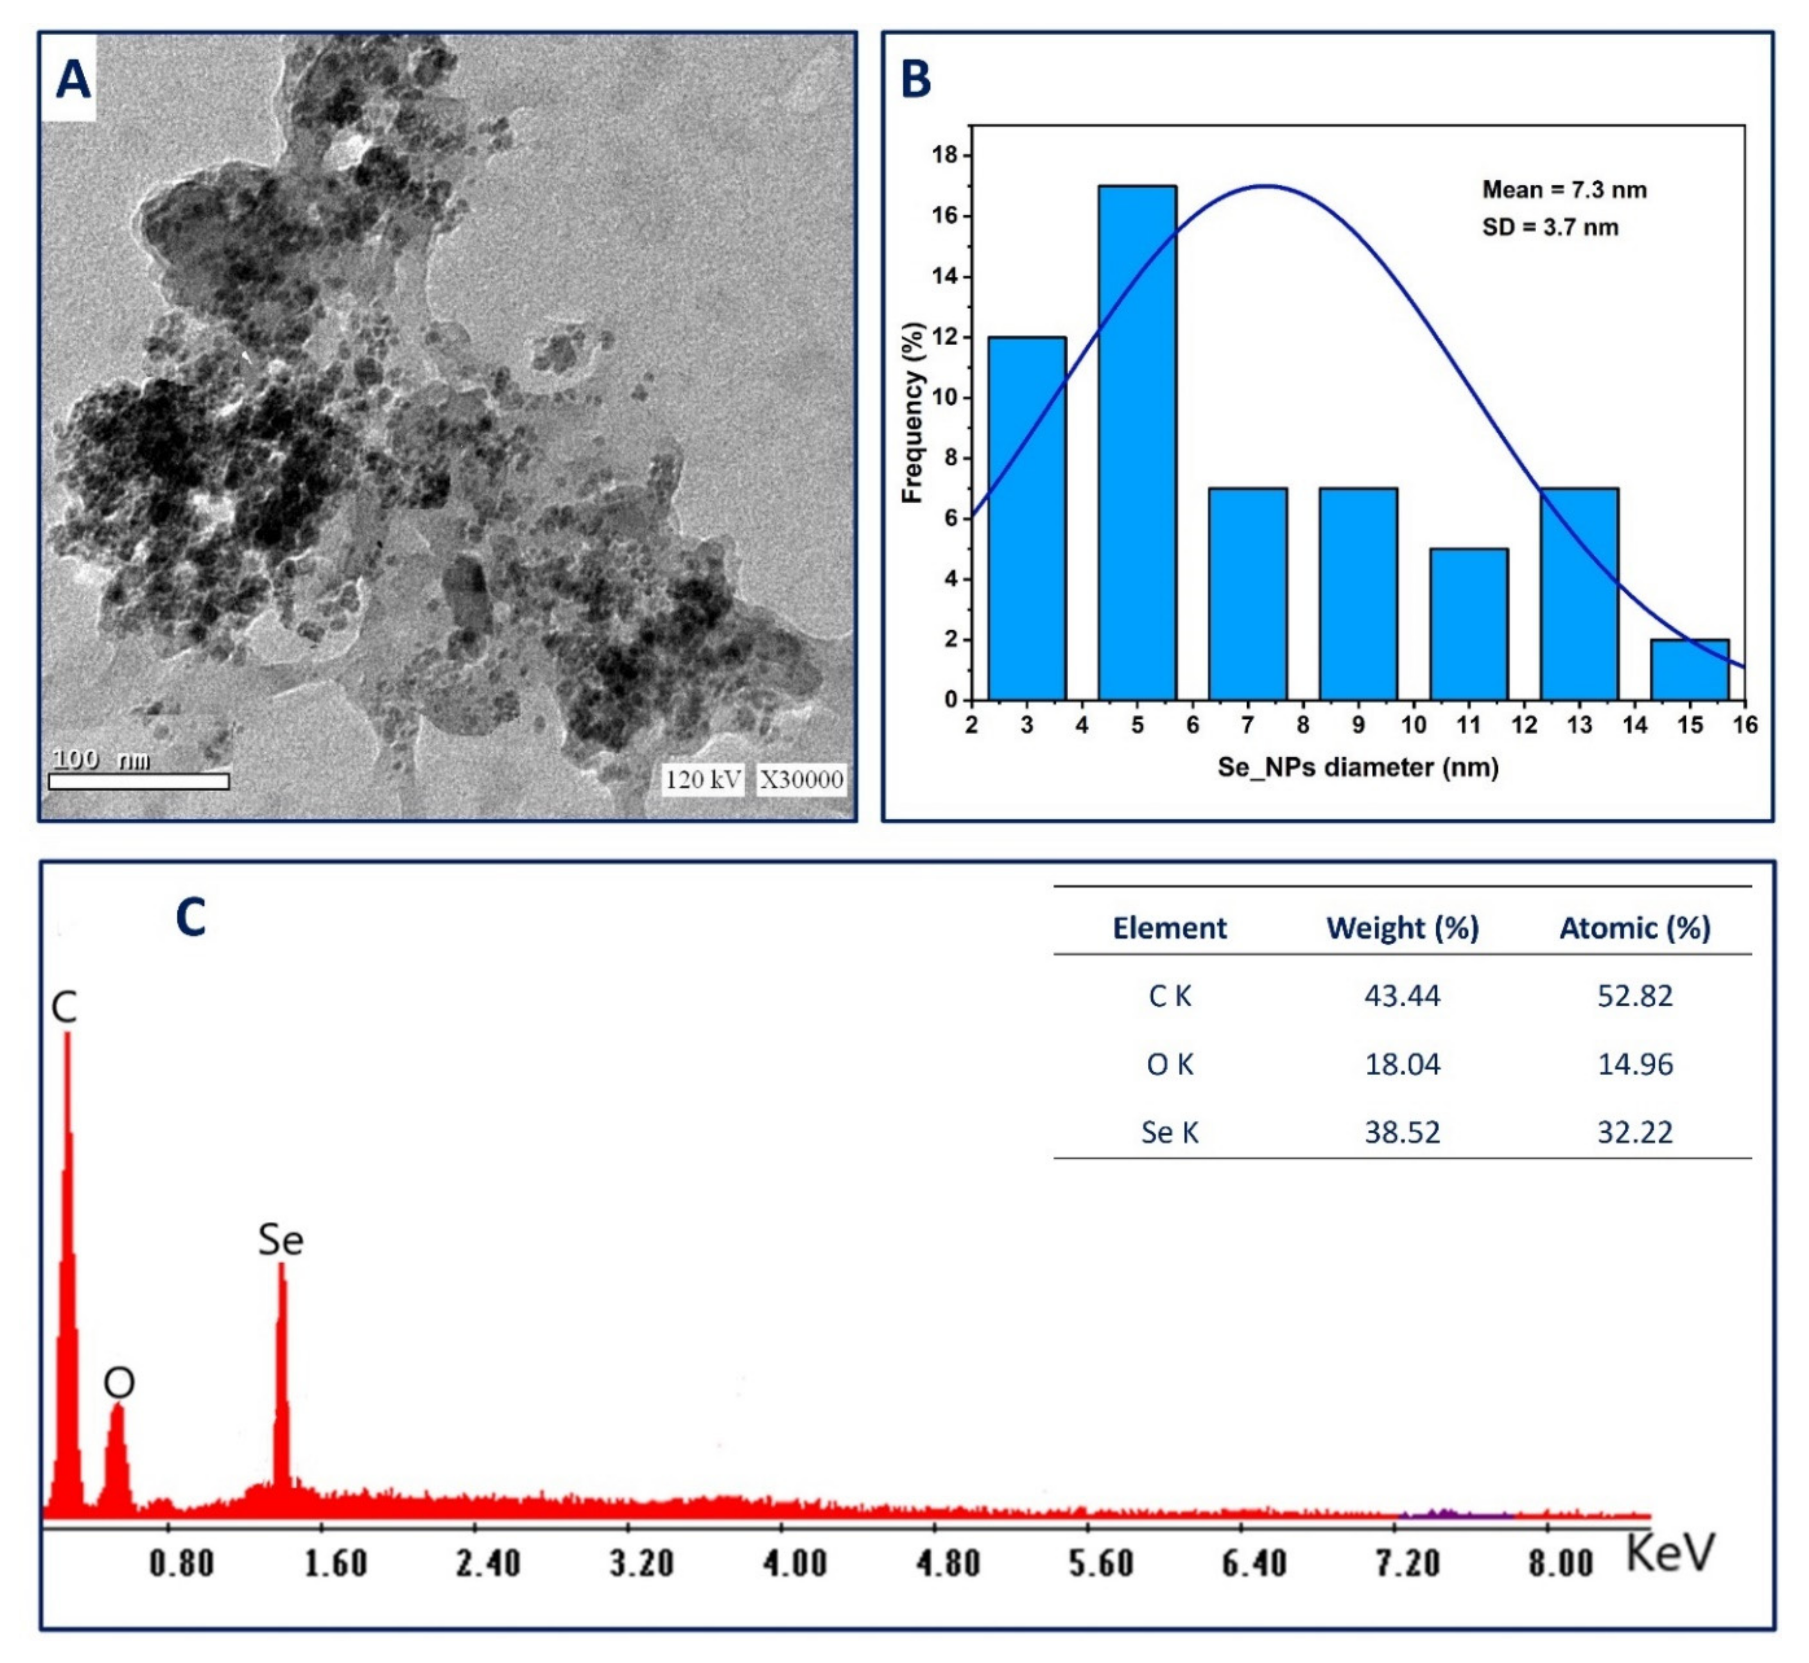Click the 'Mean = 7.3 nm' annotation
[x=1564, y=190]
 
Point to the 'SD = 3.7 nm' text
[x=1550, y=228]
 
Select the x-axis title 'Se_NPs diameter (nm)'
[x=1358, y=767]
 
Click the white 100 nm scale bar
[x=139, y=781]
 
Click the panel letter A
[x=73, y=80]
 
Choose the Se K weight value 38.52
[x=1402, y=1132]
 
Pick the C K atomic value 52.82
[x=1634, y=996]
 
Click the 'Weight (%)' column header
[x=1402, y=928]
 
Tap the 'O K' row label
[x=1169, y=1065]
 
